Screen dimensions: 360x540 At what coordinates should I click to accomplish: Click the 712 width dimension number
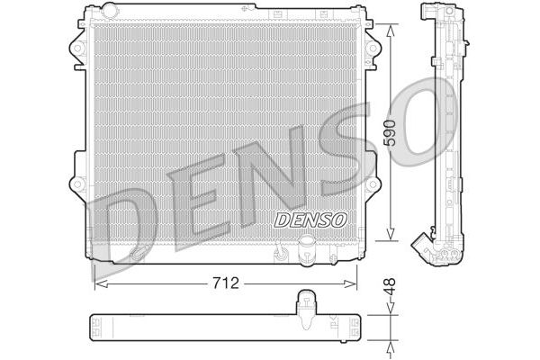pos(227,283)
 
